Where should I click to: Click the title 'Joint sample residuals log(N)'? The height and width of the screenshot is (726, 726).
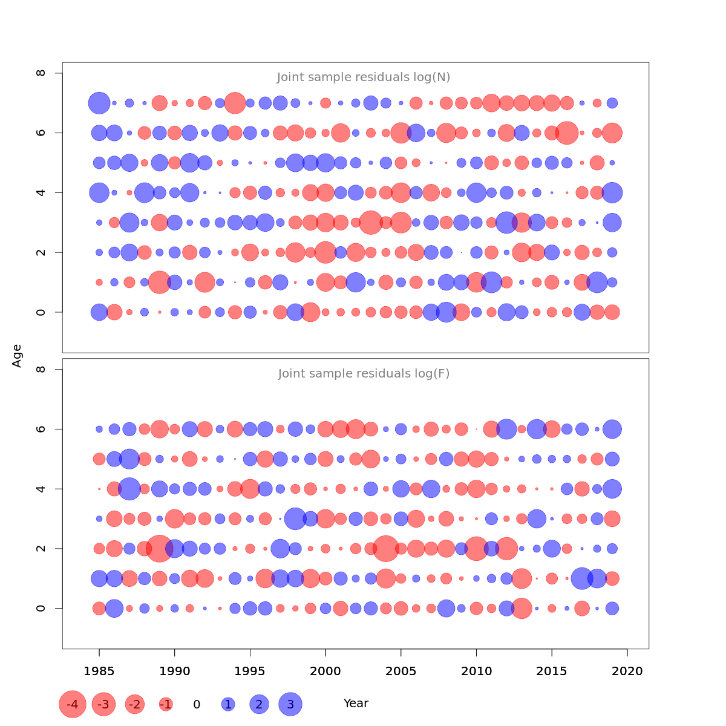point(364,77)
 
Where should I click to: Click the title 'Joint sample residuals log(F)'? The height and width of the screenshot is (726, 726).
point(364,374)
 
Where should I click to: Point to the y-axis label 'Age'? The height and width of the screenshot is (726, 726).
point(17,356)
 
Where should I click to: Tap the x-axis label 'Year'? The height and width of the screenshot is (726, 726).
point(356,704)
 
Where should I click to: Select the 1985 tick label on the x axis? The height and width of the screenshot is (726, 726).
point(99,671)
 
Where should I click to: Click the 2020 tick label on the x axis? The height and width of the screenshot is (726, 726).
point(627,671)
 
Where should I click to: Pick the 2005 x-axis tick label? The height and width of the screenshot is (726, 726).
point(401,671)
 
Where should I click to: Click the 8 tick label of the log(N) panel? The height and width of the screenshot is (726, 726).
point(41,73)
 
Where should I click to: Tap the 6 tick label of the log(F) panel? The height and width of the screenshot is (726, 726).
point(41,429)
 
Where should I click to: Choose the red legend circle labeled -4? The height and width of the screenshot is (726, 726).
point(73,704)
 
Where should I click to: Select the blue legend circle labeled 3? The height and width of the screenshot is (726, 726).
point(290,704)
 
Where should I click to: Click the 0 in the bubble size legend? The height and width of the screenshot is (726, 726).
point(197,704)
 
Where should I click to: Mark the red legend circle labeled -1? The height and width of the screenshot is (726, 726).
point(166,704)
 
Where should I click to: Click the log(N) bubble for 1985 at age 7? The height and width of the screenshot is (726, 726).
point(99,103)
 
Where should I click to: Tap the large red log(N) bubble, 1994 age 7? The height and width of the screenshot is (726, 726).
point(235,103)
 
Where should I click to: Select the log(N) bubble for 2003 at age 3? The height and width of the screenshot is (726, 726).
point(370,223)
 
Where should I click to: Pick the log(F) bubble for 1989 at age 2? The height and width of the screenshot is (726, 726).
point(160,549)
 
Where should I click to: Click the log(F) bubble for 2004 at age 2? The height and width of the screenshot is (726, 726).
point(385,549)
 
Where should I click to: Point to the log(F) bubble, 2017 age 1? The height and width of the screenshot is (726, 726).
point(582,578)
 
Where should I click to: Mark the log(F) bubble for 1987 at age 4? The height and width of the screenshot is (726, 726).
point(129,489)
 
